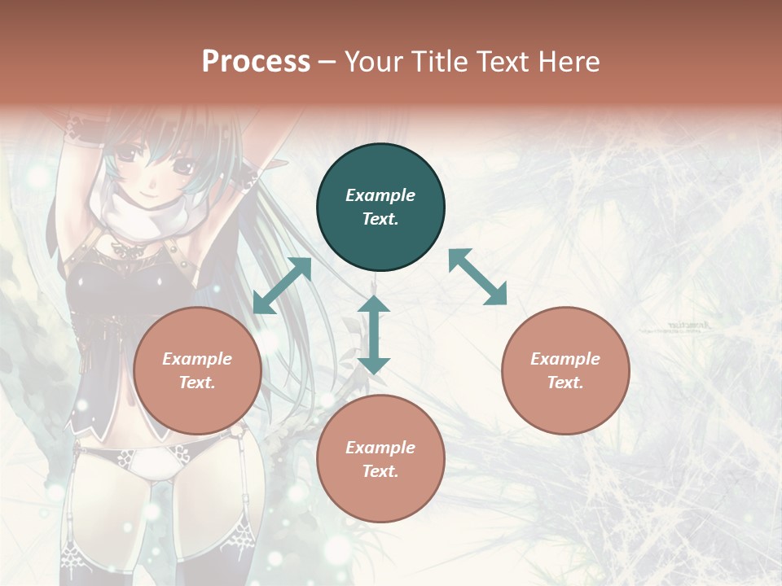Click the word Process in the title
pos(256,62)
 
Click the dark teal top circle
pos(380,207)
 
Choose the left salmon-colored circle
pos(197,370)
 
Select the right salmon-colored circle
pos(565,370)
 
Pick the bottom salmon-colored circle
pos(380,459)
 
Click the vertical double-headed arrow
pos(374,335)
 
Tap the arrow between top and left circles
pos(283,286)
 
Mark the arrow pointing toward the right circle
pos(477,278)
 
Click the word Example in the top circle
pos(380,195)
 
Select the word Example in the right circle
pos(565,359)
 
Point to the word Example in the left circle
pos(197,359)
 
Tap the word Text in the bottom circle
pos(380,471)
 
